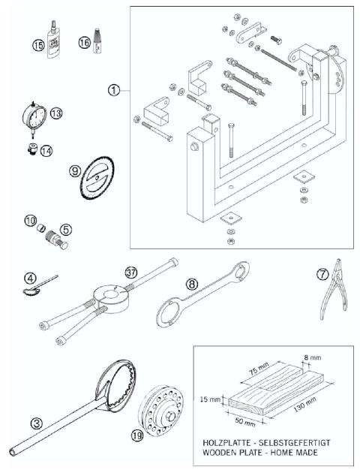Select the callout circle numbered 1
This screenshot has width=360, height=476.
[x=114, y=89]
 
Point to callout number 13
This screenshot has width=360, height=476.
[x=55, y=113]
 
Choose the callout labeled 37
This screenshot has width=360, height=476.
[x=132, y=272]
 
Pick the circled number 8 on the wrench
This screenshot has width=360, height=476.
[x=192, y=285]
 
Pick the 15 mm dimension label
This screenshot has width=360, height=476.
[x=212, y=400]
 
